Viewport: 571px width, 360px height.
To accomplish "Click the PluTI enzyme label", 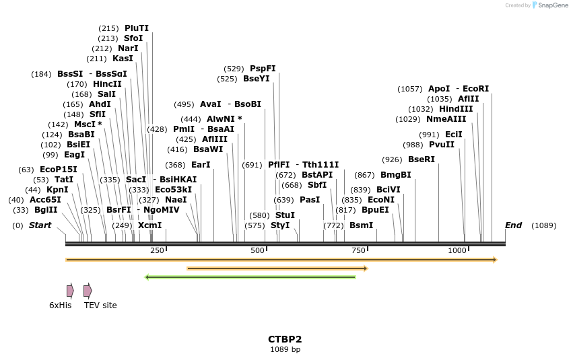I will click(137, 28).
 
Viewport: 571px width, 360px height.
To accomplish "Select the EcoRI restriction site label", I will click(476, 89).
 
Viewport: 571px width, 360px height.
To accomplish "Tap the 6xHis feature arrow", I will click(70, 291).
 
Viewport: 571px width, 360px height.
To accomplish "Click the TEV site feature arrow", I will click(88, 291).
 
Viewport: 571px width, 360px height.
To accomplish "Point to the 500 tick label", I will click(258, 250).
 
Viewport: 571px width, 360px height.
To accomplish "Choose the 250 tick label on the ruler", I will click(157, 250).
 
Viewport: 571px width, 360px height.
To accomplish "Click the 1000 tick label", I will click(457, 250).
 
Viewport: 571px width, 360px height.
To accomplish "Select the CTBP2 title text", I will click(285, 339).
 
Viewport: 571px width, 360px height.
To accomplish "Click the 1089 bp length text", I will click(285, 350).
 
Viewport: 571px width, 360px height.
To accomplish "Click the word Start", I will click(40, 225).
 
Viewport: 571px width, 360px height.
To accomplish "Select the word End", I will click(513, 225).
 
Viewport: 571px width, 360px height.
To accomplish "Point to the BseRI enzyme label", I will click(422, 159).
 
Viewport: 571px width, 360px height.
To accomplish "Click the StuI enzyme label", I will click(285, 215).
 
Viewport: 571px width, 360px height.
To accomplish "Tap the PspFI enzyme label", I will click(263, 69).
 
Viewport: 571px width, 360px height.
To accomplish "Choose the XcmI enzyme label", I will click(150, 225).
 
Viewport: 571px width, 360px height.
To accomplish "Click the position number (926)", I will click(392, 159).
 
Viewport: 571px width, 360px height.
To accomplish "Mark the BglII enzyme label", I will click(46, 210).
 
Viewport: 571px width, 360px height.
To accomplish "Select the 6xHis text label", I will click(60, 305).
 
